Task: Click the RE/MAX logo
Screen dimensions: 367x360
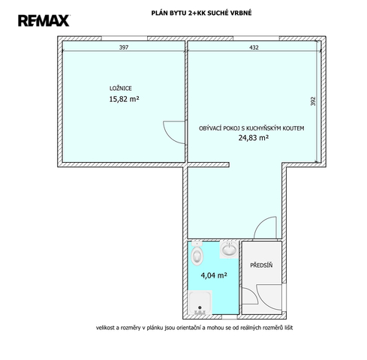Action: pos(44,20)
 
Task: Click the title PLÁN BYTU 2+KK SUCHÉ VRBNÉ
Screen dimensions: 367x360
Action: pos(201,13)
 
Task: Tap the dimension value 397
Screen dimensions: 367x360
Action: pos(124,47)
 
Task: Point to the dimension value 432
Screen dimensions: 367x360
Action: pos(254,47)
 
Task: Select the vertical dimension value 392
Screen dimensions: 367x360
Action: pos(313,101)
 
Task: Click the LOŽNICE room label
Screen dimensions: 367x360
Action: pos(121,88)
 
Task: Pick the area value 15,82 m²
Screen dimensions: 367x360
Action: pos(124,99)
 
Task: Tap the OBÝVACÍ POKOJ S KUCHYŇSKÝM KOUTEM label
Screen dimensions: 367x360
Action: pos(251,128)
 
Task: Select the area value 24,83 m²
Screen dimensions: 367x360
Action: pos(254,138)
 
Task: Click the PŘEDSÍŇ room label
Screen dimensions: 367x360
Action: pos(261,265)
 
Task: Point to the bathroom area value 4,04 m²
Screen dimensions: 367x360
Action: pos(214,275)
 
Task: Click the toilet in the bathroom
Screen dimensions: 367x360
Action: pos(197,253)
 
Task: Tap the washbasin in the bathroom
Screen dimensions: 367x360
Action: pos(229,249)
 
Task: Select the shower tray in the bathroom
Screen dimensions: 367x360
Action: pos(200,302)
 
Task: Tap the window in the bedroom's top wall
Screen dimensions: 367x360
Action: pos(125,38)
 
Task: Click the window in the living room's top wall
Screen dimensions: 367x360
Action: pos(256,38)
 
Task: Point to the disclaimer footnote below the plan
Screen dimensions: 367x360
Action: pos(194,328)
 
